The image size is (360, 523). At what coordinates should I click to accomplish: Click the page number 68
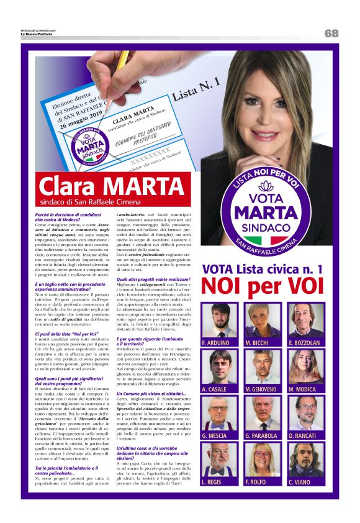click(331, 33)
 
